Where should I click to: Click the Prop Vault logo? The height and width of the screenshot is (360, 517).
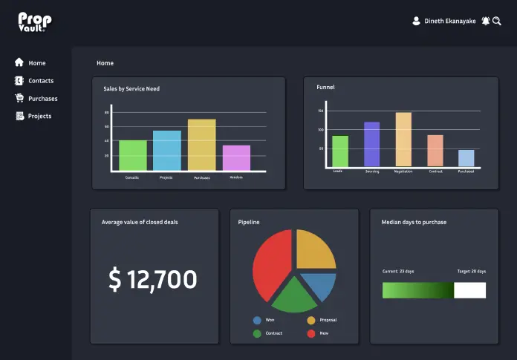point(34,22)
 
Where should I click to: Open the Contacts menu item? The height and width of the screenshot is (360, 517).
point(40,81)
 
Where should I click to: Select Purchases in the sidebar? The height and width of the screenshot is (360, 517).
point(42,99)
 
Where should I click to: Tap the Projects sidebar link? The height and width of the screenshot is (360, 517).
point(39,117)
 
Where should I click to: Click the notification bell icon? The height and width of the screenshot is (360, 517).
point(486,22)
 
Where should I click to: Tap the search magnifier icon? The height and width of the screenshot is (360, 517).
point(497,22)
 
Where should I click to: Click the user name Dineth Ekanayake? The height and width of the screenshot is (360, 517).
point(449,22)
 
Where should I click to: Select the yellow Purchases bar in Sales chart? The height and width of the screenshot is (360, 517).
point(201,145)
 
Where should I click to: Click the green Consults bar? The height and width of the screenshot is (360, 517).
point(133,155)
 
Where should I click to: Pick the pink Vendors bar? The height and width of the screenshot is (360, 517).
point(236,157)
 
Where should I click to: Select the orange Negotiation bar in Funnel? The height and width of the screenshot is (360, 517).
point(403,140)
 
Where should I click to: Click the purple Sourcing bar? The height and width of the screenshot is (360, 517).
point(371,144)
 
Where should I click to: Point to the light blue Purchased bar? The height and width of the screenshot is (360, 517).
point(466,158)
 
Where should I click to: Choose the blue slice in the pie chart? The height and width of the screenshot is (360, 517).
point(318,286)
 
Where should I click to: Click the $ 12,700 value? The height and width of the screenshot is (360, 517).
point(153,280)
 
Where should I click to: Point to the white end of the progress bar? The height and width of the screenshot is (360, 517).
point(469,290)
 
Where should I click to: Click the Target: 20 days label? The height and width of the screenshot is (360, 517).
point(471,272)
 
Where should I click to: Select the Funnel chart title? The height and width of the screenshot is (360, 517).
point(325,88)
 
